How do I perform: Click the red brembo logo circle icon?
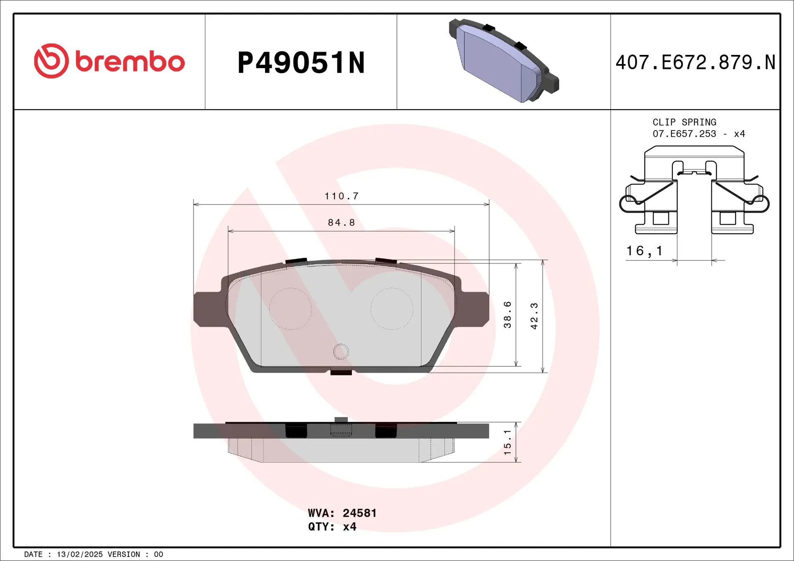point(51,61)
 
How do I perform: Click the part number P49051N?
point(301,63)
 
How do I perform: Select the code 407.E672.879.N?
point(695,63)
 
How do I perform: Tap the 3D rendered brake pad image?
point(504,61)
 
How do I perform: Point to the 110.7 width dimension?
point(341,196)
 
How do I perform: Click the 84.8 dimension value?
point(341,223)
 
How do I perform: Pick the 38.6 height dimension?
point(507,315)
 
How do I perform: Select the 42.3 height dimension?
point(534,316)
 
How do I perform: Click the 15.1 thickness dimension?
point(507,442)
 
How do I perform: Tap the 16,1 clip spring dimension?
point(644,251)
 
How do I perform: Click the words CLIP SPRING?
point(684,122)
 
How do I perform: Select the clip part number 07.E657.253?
point(684,134)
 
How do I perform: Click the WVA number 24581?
point(359,513)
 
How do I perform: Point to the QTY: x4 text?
point(332,527)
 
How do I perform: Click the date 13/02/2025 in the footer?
point(79,554)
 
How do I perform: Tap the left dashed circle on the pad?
point(290,309)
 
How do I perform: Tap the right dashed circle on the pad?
point(392,309)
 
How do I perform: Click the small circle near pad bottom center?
point(341,352)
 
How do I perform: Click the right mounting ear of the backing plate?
point(474,309)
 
